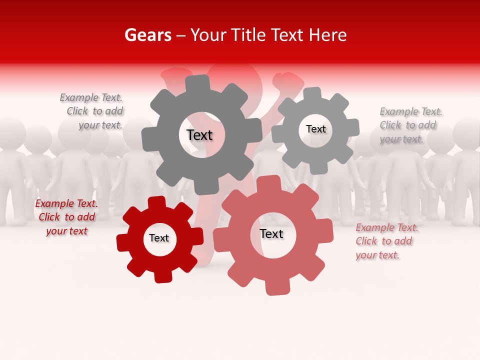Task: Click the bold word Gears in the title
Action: coord(147,35)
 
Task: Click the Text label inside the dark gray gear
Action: coord(199,135)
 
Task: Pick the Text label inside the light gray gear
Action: coord(315,129)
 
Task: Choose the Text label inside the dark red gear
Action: coord(159,238)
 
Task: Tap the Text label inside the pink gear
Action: coord(271,234)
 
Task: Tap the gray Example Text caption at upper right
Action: coord(410,125)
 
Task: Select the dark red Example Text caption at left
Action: coord(66,217)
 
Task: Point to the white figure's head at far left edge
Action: coord(10,132)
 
